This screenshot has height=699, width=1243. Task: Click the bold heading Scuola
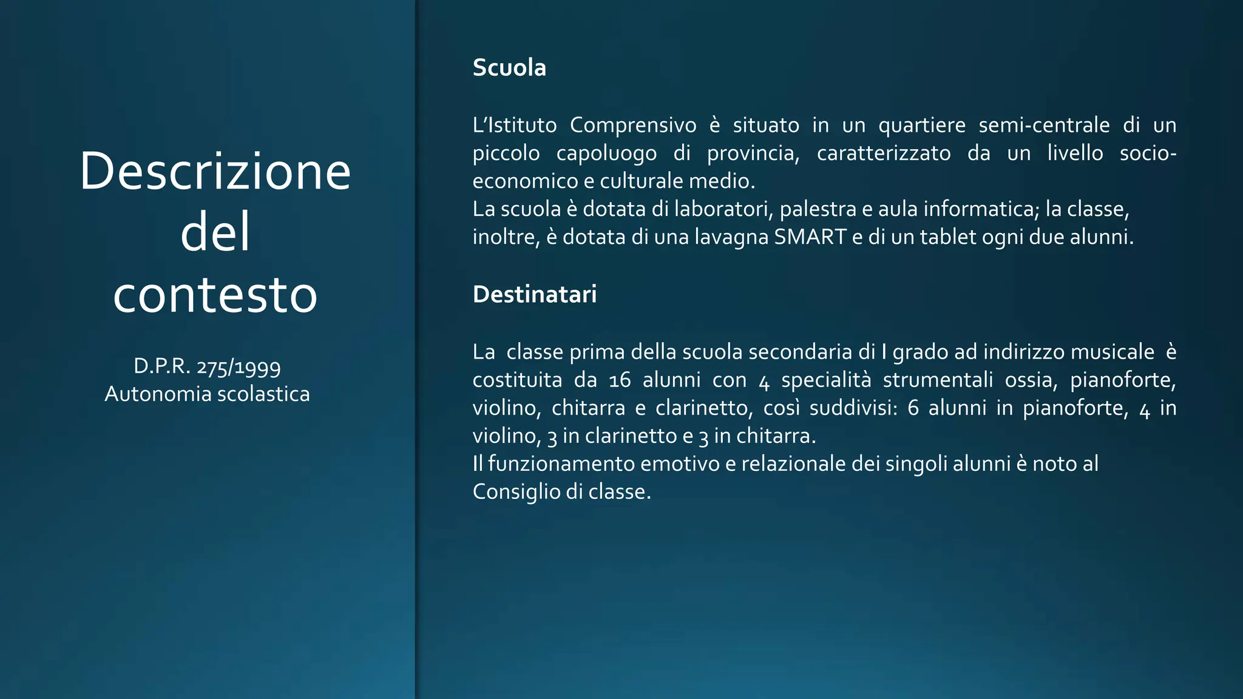click(x=509, y=67)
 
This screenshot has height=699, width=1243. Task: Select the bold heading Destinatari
click(x=534, y=294)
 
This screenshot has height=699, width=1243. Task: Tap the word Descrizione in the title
click(x=215, y=171)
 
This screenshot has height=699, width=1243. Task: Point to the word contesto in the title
click(x=215, y=295)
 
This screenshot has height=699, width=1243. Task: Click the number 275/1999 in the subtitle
click(x=239, y=366)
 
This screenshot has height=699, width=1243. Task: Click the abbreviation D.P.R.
click(x=161, y=366)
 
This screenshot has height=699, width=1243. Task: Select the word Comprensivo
click(x=633, y=125)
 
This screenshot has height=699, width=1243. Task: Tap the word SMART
click(x=810, y=237)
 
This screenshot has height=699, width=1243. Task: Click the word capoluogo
click(x=606, y=153)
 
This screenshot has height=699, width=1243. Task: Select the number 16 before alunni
click(x=620, y=380)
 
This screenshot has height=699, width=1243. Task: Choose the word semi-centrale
click(x=1044, y=125)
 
